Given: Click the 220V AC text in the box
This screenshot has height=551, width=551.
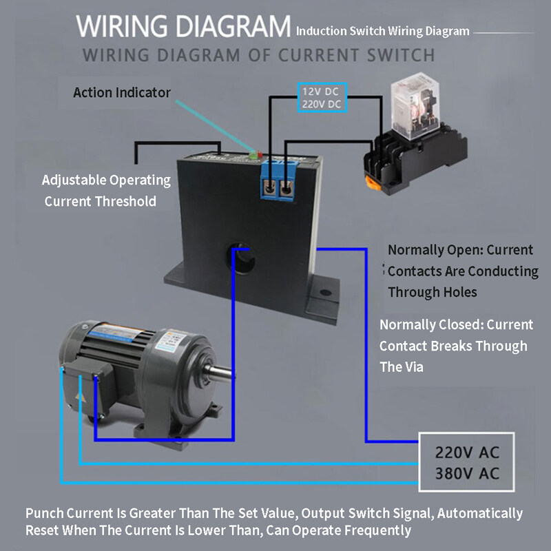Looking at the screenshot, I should pos(467,453).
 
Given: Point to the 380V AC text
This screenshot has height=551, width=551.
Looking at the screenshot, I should pos(467,474).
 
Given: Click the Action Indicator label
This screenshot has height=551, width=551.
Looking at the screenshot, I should pos(122,92).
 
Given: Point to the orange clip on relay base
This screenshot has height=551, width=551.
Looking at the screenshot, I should pos(375,181).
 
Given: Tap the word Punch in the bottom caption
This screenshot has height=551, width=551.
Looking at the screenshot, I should pos(45,514).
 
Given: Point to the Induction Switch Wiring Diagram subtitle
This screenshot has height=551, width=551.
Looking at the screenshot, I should pos(383,31).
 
